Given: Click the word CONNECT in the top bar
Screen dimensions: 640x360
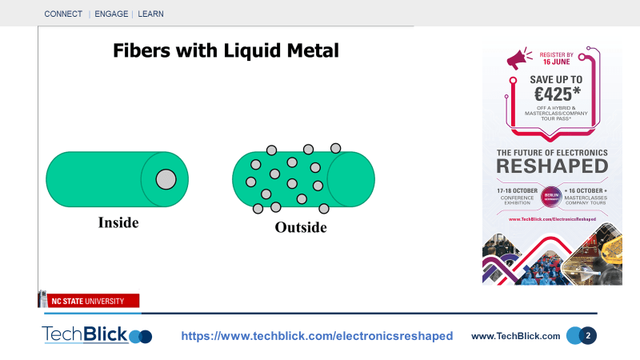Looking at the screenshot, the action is (63, 14).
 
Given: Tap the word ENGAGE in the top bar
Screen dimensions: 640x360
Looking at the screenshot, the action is (112, 14).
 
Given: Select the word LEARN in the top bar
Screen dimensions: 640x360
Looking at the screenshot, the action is (151, 14).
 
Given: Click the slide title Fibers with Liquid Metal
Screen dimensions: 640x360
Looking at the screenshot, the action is (226, 50).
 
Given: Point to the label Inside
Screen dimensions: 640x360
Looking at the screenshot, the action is (118, 222).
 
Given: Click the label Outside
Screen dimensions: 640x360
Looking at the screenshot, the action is (301, 227).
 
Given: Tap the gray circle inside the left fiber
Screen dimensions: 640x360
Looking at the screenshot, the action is (166, 178).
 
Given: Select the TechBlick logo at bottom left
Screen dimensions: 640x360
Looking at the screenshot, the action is (96, 335).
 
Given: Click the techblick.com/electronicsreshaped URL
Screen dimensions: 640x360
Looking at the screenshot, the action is (317, 336).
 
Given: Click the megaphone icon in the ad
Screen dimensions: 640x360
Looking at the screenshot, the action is (518, 58).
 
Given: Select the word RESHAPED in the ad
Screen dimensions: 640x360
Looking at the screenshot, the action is (551, 166).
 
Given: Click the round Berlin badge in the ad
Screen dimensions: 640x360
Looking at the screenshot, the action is (551, 197).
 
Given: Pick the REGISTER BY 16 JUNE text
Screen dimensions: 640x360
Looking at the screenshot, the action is (558, 58).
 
